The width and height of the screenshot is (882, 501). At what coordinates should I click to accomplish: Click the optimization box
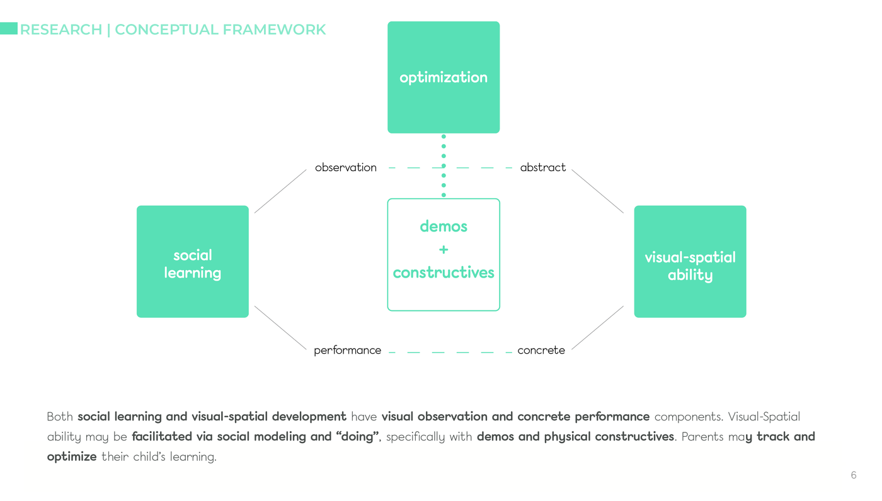pyautogui.click(x=444, y=77)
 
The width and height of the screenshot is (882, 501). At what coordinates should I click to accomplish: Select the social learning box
pyautogui.click(x=193, y=262)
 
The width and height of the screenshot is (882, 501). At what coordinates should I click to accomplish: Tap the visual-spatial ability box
pyautogui.click(x=690, y=262)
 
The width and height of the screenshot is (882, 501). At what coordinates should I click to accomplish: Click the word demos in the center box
pyautogui.click(x=444, y=227)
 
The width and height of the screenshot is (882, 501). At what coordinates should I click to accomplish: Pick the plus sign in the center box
pyautogui.click(x=444, y=250)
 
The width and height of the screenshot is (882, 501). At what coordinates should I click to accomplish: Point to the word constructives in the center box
pyautogui.click(x=444, y=273)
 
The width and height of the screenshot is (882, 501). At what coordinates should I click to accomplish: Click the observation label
pyautogui.click(x=346, y=167)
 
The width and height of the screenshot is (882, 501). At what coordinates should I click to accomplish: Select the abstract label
pyautogui.click(x=543, y=167)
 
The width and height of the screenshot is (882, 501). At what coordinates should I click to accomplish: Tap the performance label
pyautogui.click(x=347, y=350)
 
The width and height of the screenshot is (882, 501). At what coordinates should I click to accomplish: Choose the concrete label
pyautogui.click(x=541, y=350)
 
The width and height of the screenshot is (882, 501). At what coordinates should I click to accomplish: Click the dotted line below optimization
pyautogui.click(x=444, y=166)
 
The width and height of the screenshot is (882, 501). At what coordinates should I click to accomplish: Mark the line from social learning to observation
pyautogui.click(x=280, y=191)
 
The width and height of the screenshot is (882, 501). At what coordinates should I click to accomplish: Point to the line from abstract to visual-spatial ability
pyautogui.click(x=598, y=191)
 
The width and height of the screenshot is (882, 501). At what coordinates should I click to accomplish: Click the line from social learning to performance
pyautogui.click(x=280, y=327)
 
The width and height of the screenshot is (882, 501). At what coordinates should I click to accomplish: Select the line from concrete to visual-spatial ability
pyautogui.click(x=598, y=327)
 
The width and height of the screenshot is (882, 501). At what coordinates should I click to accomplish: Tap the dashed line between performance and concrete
pyautogui.click(x=450, y=352)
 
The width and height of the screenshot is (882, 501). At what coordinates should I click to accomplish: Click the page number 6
pyautogui.click(x=854, y=475)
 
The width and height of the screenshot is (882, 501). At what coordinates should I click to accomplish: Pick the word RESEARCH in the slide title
pyautogui.click(x=61, y=30)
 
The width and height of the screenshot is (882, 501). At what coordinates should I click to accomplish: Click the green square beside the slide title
pyautogui.click(x=8, y=28)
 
